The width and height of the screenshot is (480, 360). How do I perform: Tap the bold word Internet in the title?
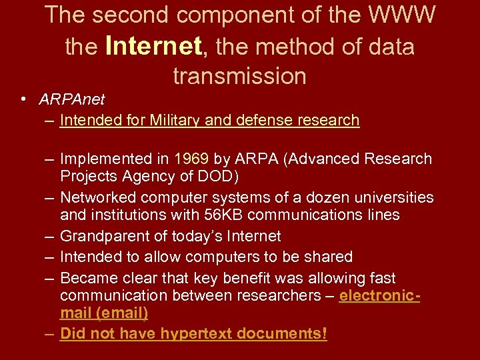tap(153, 47)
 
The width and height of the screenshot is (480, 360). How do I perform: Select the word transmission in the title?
tap(239, 76)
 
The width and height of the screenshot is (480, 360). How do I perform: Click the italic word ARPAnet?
tap(72, 100)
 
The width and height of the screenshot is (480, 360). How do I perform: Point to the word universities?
tap(398, 198)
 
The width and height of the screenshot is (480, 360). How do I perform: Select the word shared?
tap(329, 257)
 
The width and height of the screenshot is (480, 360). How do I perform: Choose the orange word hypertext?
tap(198, 334)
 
